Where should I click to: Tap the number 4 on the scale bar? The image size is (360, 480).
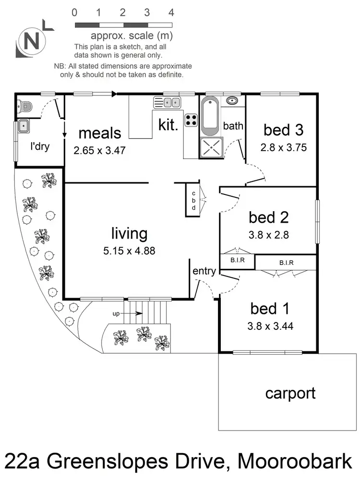171,12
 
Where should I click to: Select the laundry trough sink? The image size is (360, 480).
24,126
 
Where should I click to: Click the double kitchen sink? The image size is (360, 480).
167,102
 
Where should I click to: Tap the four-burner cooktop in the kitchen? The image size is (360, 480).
192,120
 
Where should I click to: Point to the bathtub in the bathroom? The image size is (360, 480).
211,116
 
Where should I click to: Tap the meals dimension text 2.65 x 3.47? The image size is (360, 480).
99,150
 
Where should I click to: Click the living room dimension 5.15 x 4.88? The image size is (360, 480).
129,250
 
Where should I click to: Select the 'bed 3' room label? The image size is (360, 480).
283,130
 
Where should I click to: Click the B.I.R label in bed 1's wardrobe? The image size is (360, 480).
286,263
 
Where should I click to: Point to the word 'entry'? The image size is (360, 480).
204,271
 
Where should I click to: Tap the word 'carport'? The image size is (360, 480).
290,393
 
